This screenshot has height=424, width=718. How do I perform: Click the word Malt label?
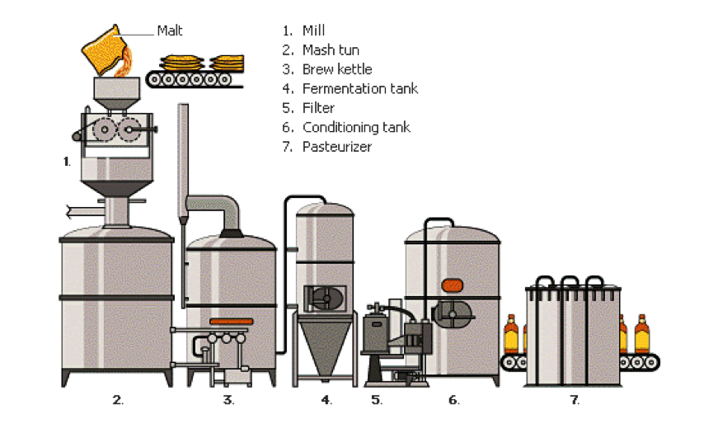point(170,31)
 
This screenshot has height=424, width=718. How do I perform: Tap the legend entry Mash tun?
point(331,50)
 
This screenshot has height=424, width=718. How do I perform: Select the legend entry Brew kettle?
point(337,69)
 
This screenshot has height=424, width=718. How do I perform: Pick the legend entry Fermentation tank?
point(359,88)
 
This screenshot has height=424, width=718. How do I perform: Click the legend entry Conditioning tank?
point(356,127)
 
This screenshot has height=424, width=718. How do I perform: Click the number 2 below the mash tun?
point(118,400)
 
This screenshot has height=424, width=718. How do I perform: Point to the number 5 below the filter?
point(377,400)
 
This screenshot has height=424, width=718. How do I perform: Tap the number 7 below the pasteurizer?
point(575,400)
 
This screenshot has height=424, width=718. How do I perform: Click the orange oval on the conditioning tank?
point(452,285)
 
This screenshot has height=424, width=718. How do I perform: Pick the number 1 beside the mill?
point(67,162)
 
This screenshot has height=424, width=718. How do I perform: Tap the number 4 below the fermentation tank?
point(326,400)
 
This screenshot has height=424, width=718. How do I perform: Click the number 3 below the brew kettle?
point(228,400)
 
